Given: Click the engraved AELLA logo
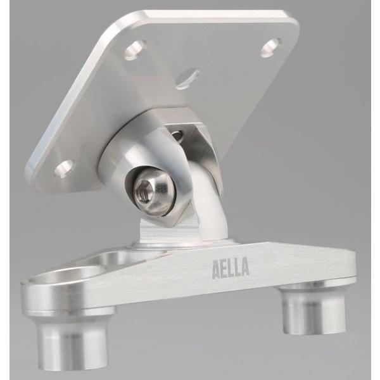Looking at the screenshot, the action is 231,268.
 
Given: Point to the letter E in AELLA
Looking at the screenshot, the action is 225,269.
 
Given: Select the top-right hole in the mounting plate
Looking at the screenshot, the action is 271,47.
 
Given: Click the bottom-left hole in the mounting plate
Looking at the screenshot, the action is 65,168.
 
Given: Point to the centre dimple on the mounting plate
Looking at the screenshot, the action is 187,78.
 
